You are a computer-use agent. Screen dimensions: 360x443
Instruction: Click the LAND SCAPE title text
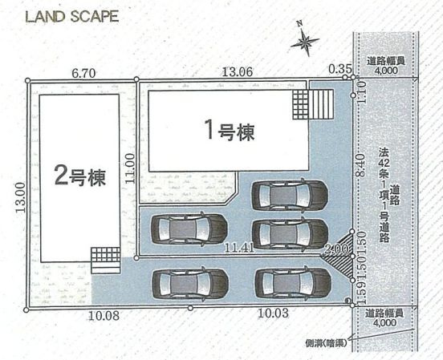click(72, 16)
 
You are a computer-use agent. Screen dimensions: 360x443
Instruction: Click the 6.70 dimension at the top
click(84, 72)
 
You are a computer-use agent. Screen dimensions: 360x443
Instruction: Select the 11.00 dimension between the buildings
click(131, 169)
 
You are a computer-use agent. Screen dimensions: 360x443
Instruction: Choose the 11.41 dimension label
click(239, 248)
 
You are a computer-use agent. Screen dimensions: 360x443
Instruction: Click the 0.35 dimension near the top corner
click(339, 70)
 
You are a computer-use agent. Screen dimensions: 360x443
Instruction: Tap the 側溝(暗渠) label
click(327, 342)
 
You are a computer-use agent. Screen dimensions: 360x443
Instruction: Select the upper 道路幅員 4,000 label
click(385, 65)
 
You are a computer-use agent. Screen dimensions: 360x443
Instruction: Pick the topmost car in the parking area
click(289, 195)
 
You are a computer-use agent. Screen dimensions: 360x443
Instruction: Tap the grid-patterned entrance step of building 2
click(105, 256)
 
